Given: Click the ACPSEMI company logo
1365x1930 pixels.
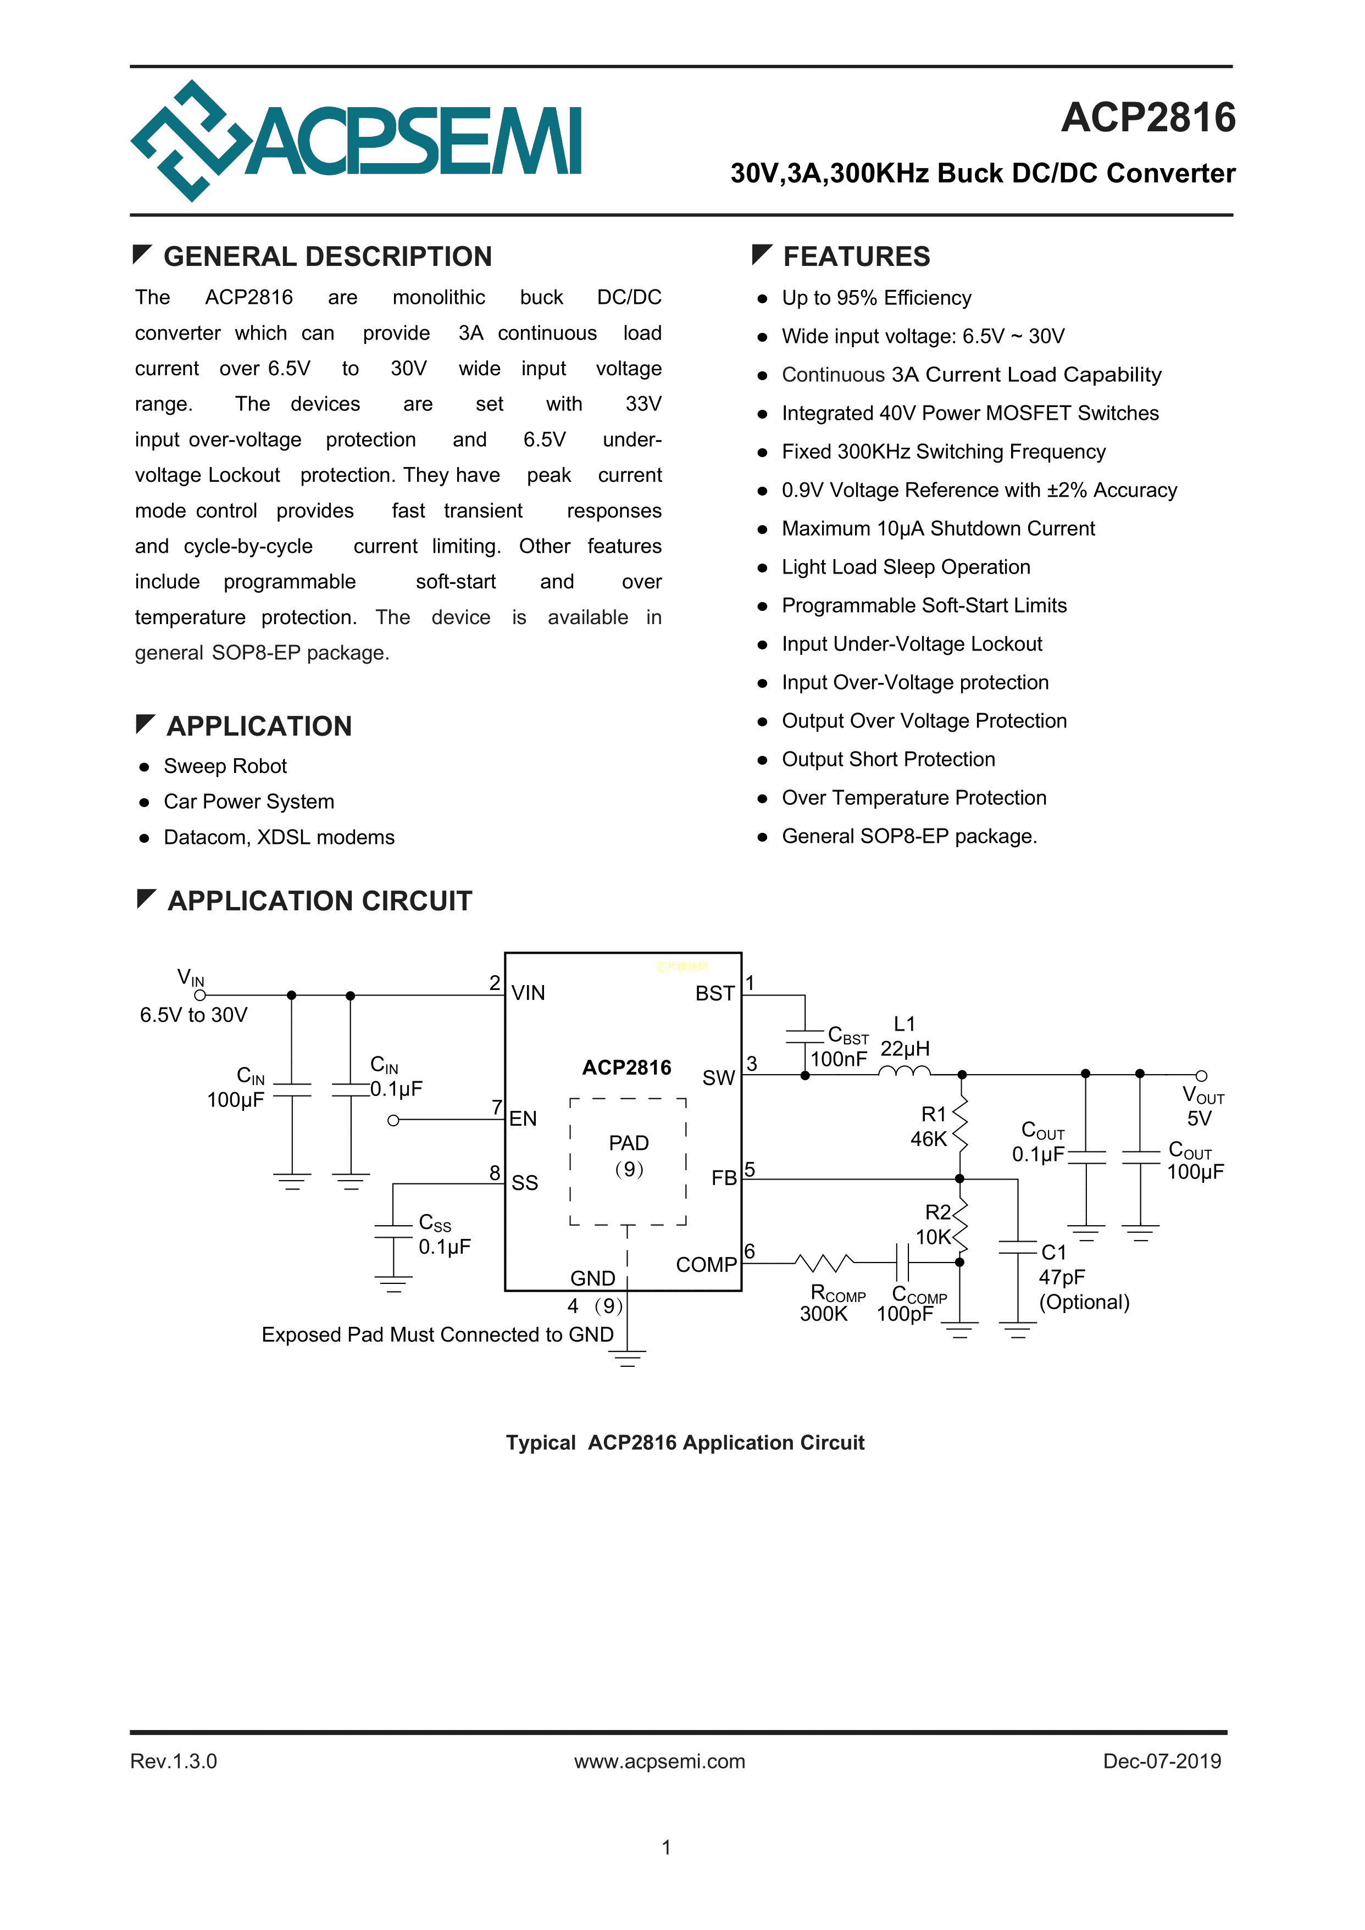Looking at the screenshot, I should [x=356, y=141].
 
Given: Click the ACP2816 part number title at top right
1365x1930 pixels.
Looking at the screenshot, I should [x=1147, y=118].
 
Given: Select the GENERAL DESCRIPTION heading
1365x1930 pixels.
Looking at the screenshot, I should [x=327, y=257].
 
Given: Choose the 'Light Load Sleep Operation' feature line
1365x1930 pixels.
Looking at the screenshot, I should [x=905, y=568].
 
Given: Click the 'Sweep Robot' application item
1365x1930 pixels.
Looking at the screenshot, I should [x=225, y=766].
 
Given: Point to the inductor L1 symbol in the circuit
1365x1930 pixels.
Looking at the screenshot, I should [x=904, y=1071].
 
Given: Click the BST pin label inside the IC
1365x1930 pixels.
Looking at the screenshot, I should [x=714, y=994].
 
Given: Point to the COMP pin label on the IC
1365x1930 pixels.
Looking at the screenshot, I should [x=706, y=1265].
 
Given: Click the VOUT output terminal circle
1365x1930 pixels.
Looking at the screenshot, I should [x=1201, y=1076].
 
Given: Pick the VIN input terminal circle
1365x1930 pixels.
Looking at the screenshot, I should [x=199, y=996].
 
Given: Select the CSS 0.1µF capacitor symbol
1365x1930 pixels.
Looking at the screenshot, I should [x=393, y=1232].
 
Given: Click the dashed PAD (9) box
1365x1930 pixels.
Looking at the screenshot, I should [x=628, y=1161].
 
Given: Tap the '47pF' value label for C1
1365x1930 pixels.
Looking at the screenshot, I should [x=1061, y=1278].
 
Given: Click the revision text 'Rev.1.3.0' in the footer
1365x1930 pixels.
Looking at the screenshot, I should [x=173, y=1761].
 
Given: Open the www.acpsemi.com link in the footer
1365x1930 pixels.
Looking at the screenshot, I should [x=659, y=1761].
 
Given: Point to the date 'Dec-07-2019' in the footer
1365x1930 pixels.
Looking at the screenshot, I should [x=1162, y=1761].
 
